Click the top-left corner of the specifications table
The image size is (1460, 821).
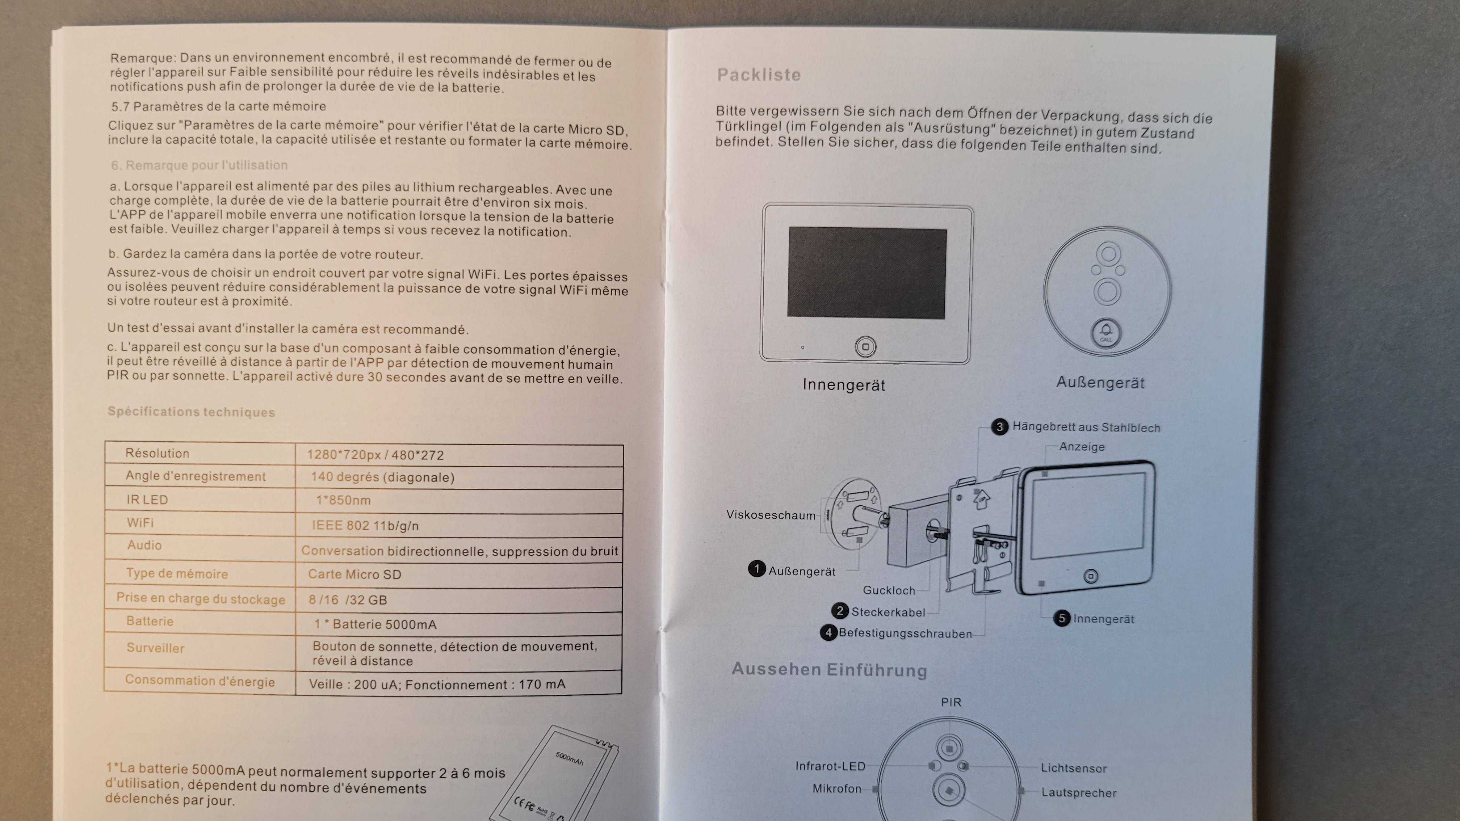pyautogui.click(x=105, y=441)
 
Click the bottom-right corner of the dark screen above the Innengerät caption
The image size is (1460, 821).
pyautogui.click(x=945, y=319)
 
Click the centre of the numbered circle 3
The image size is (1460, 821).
pyautogui.click(x=999, y=427)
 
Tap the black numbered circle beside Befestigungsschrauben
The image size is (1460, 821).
pyautogui.click(x=828, y=632)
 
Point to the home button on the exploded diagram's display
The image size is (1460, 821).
pyautogui.click(x=1090, y=577)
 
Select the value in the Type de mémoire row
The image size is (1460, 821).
pyautogui.click(x=355, y=574)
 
